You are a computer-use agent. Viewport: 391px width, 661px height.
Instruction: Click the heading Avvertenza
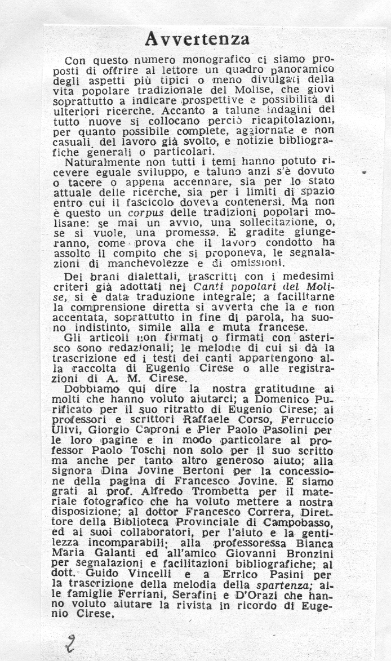click(x=197, y=38)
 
